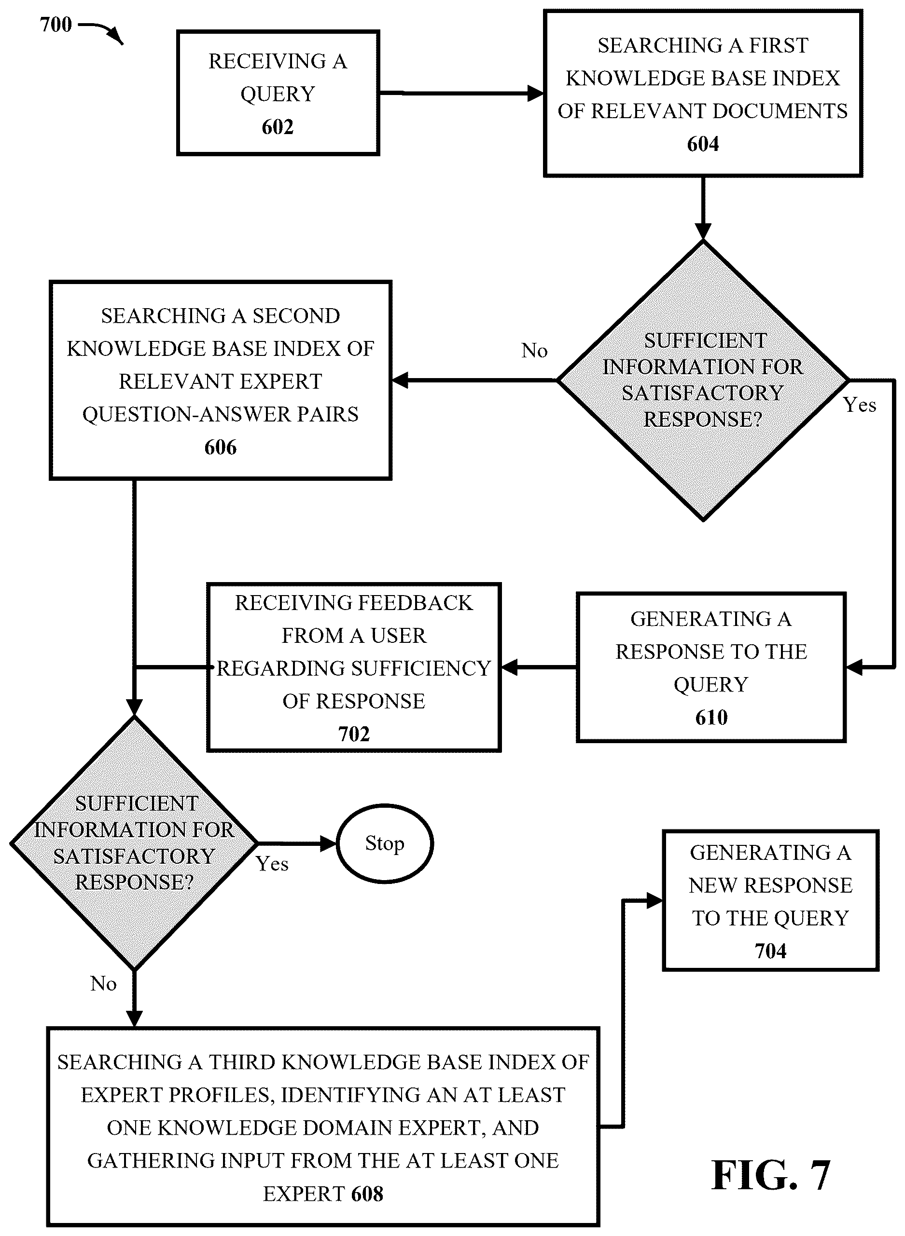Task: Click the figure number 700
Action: pyautogui.click(x=56, y=25)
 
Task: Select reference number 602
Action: pyautogui.click(x=278, y=127)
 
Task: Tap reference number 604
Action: pyautogui.click(x=703, y=144)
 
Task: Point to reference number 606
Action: pyautogui.click(x=220, y=447)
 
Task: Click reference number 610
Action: pyautogui.click(x=711, y=717)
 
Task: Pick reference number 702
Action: pyautogui.click(x=354, y=733)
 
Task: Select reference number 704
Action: pyautogui.click(x=770, y=951)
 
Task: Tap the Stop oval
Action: pyautogui.click(x=385, y=843)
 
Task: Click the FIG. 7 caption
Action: pyautogui.click(x=771, y=1175)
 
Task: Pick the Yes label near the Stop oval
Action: pyautogui.click(x=272, y=864)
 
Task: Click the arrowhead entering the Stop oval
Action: pyautogui.click(x=328, y=843)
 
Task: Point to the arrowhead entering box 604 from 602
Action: pyautogui.click(x=535, y=93)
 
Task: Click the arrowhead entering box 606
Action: pyautogui.click(x=401, y=380)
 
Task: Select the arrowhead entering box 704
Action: pyautogui.click(x=654, y=900)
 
